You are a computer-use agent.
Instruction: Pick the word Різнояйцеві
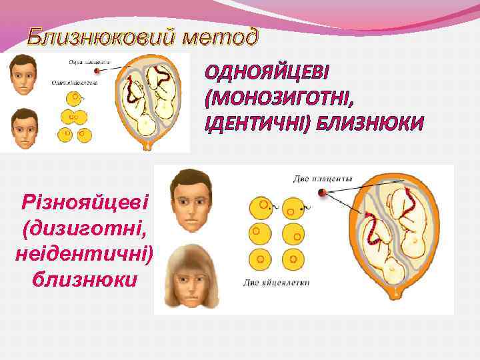point(85,201)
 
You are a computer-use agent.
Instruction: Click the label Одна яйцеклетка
point(75,84)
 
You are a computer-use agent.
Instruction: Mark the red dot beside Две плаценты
point(323,193)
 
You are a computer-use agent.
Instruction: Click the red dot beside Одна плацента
point(98,70)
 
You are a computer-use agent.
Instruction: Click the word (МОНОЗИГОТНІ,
point(281,98)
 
